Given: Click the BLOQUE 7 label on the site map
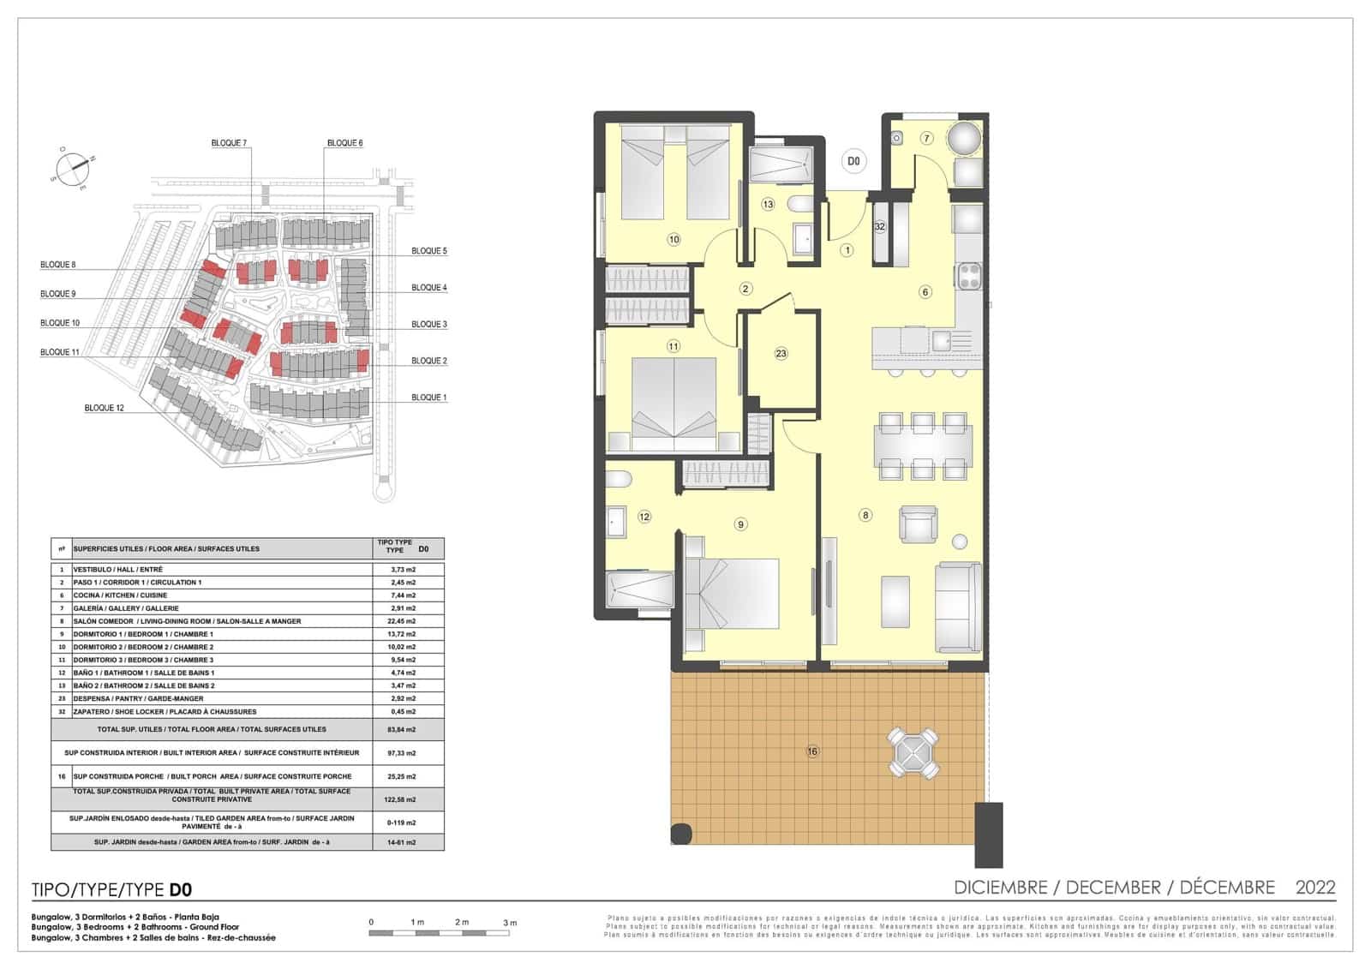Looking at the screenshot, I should point(229,143).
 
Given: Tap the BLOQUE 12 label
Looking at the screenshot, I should point(104,408).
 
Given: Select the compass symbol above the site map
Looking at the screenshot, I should point(72,166).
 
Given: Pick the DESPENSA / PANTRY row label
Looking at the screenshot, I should point(138,698).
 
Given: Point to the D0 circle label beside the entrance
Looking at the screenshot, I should point(853,160).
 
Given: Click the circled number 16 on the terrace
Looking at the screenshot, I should point(812,751).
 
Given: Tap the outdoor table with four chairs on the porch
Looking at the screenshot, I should point(914,753).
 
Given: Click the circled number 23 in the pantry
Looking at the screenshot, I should point(781,353).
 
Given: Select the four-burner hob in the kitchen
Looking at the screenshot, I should point(969,276).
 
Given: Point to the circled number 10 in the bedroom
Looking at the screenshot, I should point(674,239).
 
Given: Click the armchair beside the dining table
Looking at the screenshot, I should point(918,523).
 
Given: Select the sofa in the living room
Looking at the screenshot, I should point(958,607).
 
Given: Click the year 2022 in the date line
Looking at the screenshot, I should point(1314,888).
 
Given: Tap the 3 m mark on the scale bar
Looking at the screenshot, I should point(510,923).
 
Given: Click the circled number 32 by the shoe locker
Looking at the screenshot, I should point(879,227).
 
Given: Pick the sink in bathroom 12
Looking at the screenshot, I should point(616,520).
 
